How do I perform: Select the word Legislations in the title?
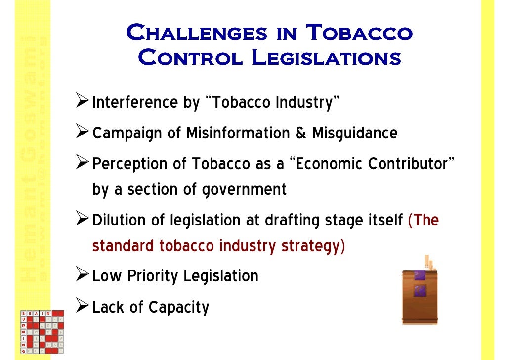pyautogui.click(x=326, y=58)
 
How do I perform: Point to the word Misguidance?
pyautogui.click(x=354, y=134)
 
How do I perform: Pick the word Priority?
pyautogui.click(x=153, y=275)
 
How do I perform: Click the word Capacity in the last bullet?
pyautogui.click(x=179, y=307)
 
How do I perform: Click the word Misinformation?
pyautogui.click(x=240, y=133)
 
